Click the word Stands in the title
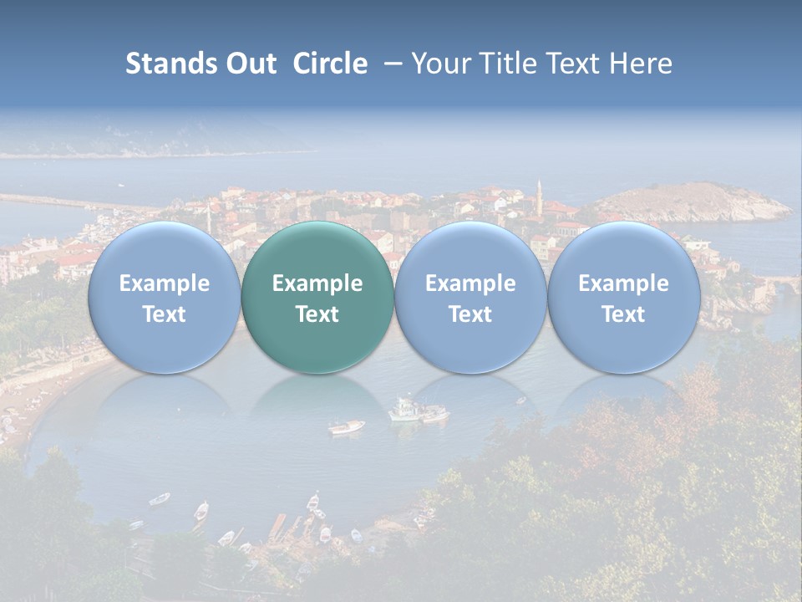pyautogui.click(x=170, y=64)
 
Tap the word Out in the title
pyautogui.click(x=249, y=64)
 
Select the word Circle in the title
pyautogui.click(x=329, y=64)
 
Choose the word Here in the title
pyautogui.click(x=640, y=64)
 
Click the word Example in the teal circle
pyautogui.click(x=317, y=283)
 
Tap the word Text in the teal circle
pyautogui.click(x=317, y=314)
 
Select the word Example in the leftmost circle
pyautogui.click(x=164, y=283)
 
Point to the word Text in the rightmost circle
pyautogui.click(x=623, y=314)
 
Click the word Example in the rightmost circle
pyautogui.click(x=623, y=283)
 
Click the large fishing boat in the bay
pyautogui.click(x=407, y=410)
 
